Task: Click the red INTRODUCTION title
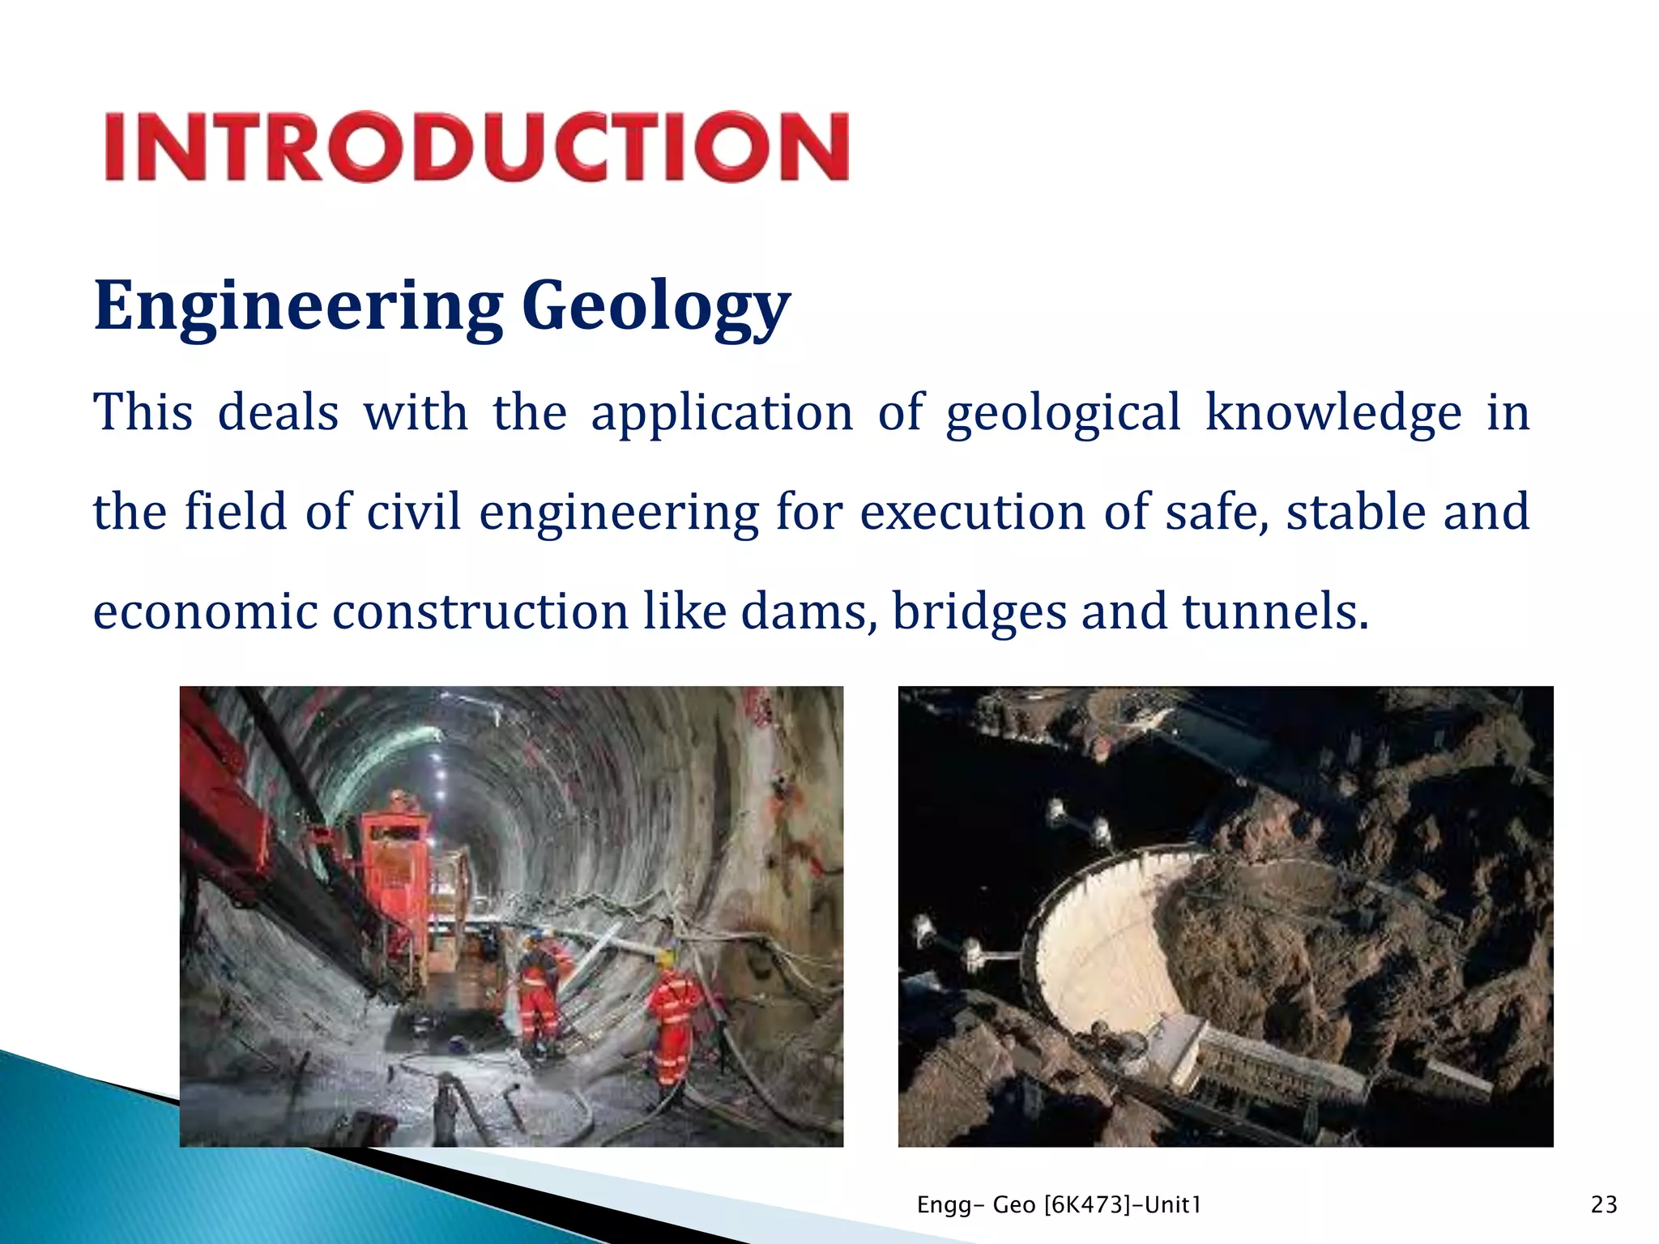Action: coord(476,147)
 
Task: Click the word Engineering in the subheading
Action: coord(298,306)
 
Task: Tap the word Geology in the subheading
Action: coord(655,306)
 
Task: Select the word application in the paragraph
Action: coord(722,413)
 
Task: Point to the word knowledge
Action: coord(1333,413)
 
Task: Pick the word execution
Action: coord(972,512)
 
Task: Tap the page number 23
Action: coord(1604,1205)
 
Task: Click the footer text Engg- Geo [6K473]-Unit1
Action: coord(1059,1205)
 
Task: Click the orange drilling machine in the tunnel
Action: coord(397,875)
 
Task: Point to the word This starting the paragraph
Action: coord(143,413)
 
